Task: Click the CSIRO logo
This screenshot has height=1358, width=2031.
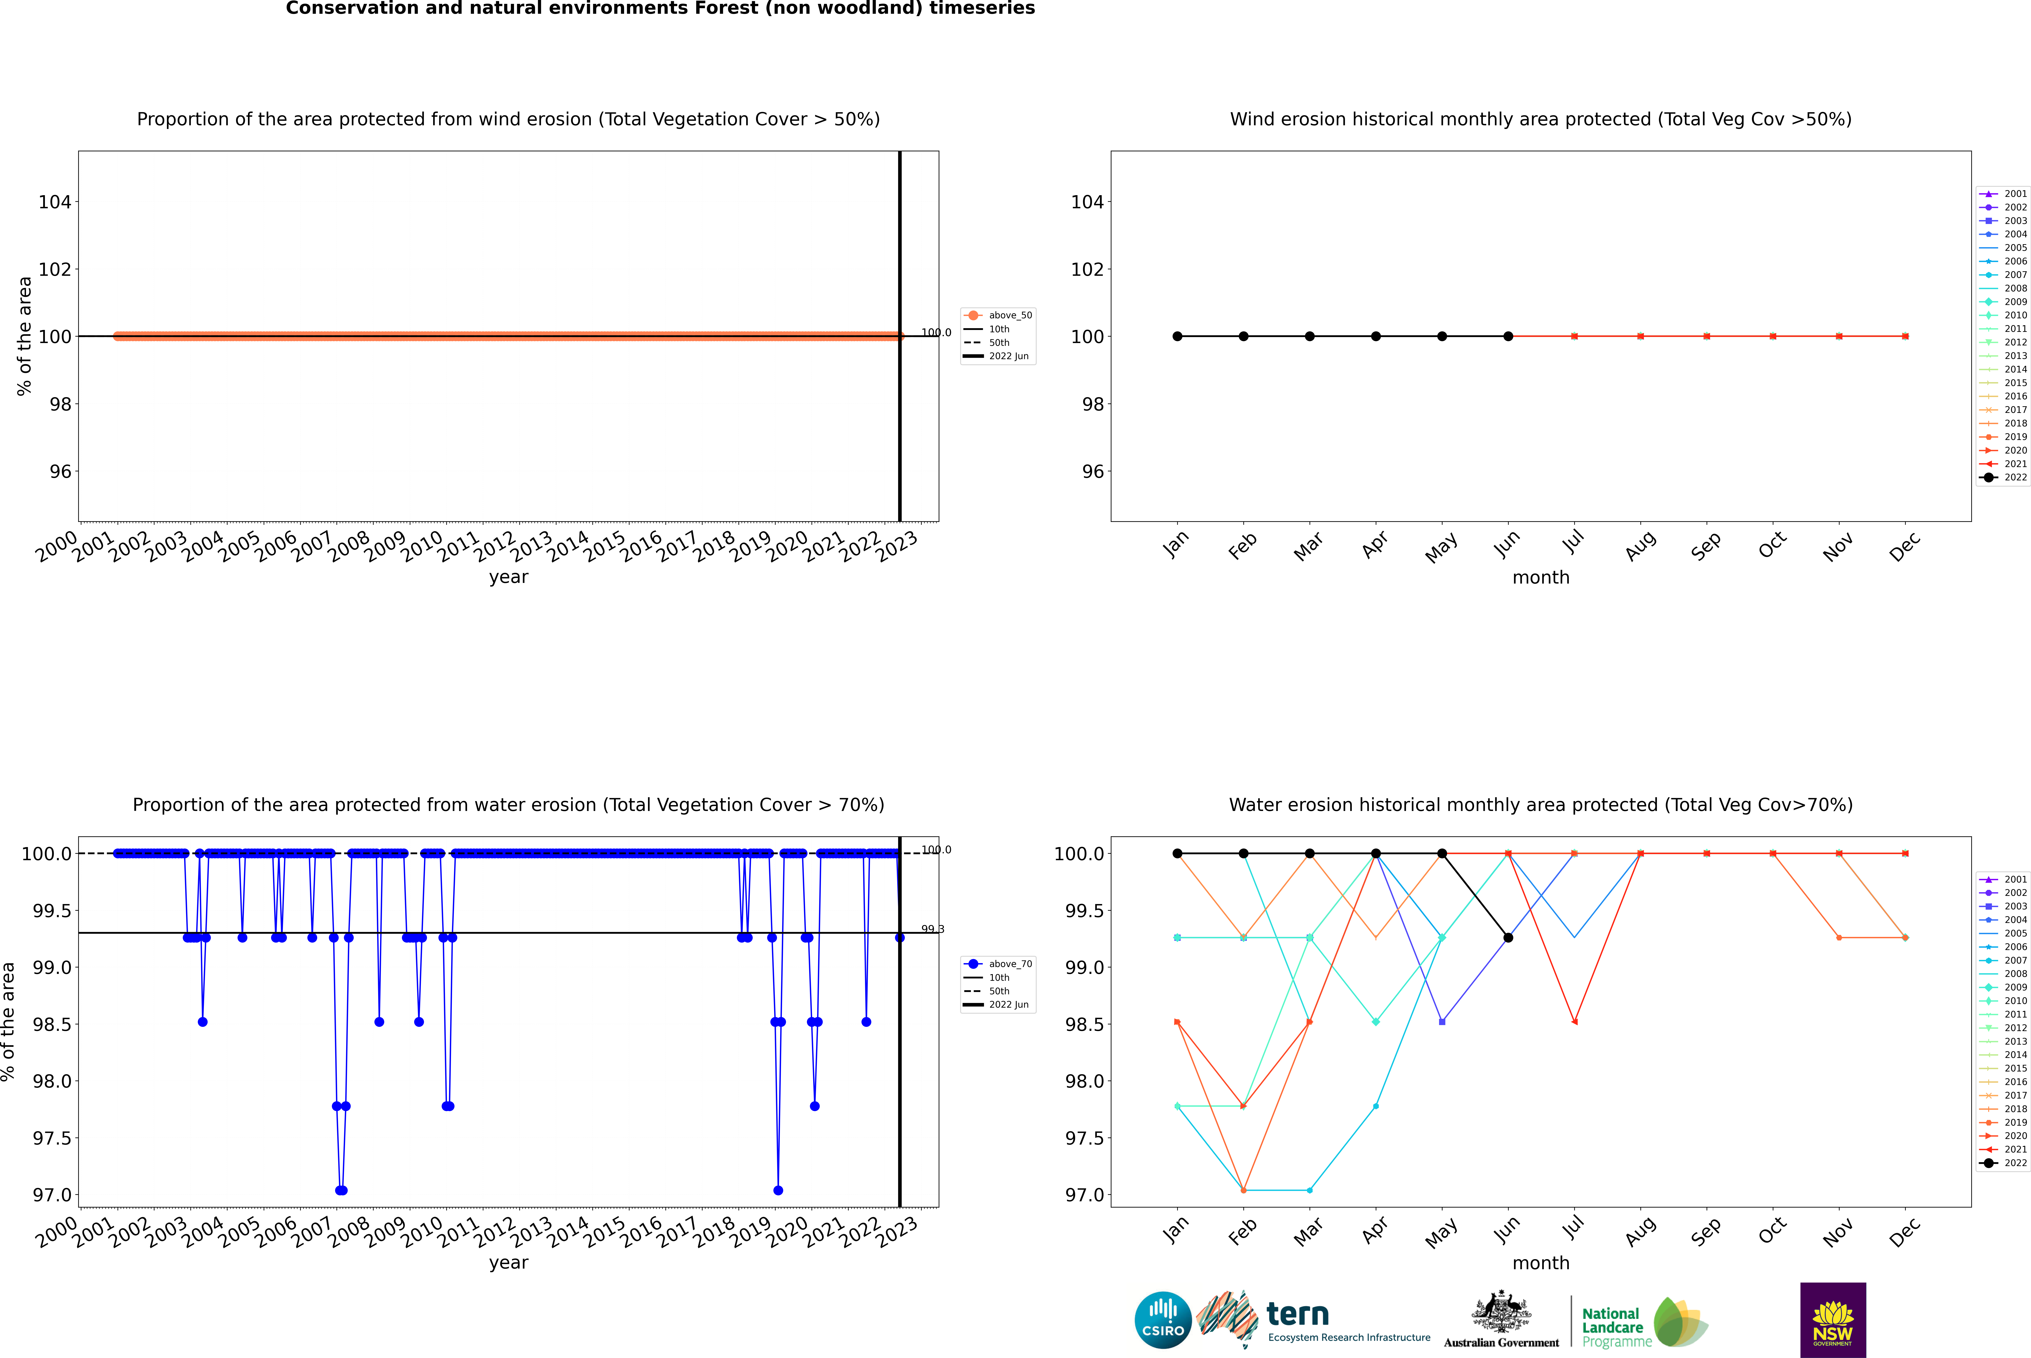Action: [1163, 1320]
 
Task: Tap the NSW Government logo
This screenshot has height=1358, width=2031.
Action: [1833, 1320]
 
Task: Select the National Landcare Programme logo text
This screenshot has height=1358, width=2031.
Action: [1612, 1327]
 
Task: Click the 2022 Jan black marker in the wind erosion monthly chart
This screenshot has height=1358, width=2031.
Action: [1177, 336]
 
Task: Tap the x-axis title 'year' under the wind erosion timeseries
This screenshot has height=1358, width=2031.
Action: [508, 577]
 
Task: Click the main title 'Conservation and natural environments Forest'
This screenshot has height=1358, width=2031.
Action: [660, 9]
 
